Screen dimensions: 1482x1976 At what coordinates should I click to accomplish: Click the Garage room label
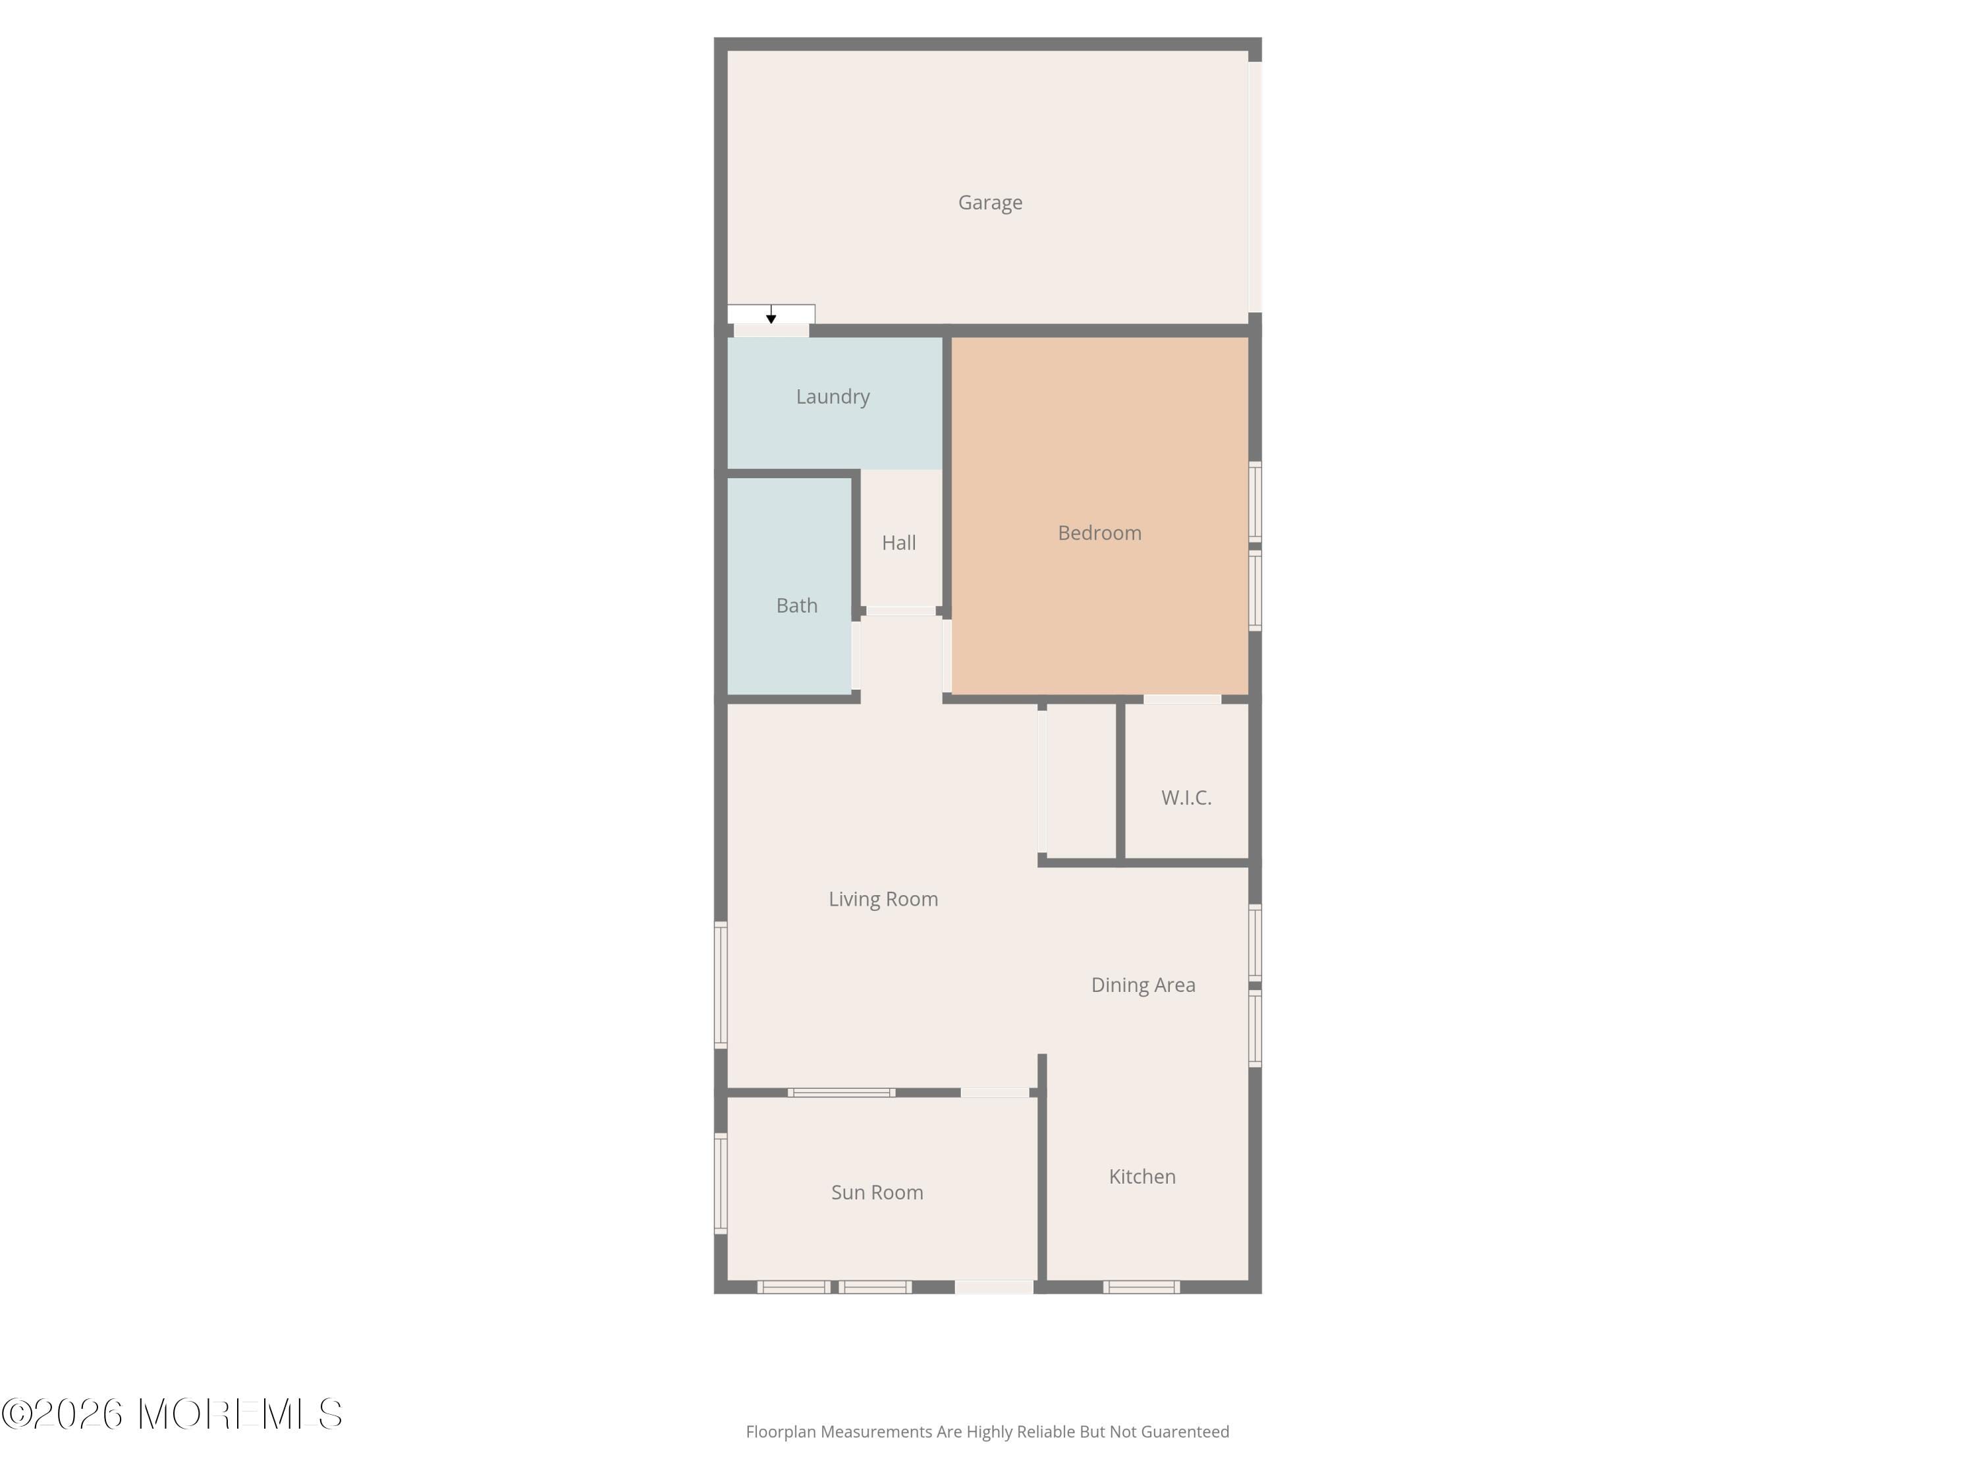(990, 203)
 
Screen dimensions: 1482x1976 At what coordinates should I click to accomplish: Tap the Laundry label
(833, 397)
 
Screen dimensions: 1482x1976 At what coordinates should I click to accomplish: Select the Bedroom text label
(1099, 534)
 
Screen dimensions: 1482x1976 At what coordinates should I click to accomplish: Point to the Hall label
(898, 543)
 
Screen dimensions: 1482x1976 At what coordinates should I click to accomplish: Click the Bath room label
(796, 606)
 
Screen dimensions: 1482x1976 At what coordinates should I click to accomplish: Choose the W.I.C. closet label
(1186, 798)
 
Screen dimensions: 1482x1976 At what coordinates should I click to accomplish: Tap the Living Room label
(883, 900)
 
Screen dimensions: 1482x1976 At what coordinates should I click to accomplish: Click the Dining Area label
(1143, 985)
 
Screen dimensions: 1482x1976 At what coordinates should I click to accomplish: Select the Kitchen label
(1141, 1178)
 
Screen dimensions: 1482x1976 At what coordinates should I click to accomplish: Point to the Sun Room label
(876, 1193)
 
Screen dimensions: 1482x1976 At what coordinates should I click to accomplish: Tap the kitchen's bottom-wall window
(1141, 1287)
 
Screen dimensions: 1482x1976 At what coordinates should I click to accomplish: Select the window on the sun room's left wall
(720, 1184)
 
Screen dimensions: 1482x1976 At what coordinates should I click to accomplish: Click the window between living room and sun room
(840, 1093)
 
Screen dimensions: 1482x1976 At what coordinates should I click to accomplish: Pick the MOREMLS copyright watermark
(171, 1415)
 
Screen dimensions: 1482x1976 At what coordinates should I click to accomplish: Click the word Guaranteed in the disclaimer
(1184, 1432)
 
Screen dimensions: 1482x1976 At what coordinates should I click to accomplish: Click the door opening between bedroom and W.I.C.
(1182, 700)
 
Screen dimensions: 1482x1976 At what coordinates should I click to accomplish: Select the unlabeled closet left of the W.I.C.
(1080, 782)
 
